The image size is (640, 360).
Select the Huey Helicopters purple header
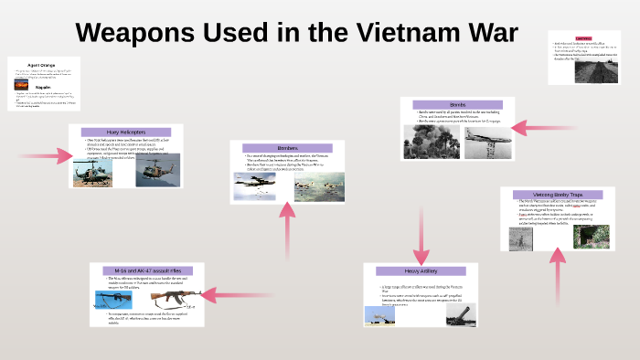pyautogui.click(x=126, y=132)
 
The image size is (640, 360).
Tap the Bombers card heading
pyautogui.click(x=288, y=148)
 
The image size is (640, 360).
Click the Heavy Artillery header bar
pyautogui.click(x=421, y=271)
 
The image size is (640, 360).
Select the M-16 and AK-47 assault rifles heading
pyautogui.click(x=146, y=270)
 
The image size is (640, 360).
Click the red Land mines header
pyautogui.click(x=583, y=39)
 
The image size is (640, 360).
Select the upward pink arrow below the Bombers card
pyautogui.click(x=288, y=228)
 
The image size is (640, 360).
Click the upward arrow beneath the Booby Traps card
pyautogui.click(x=557, y=279)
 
